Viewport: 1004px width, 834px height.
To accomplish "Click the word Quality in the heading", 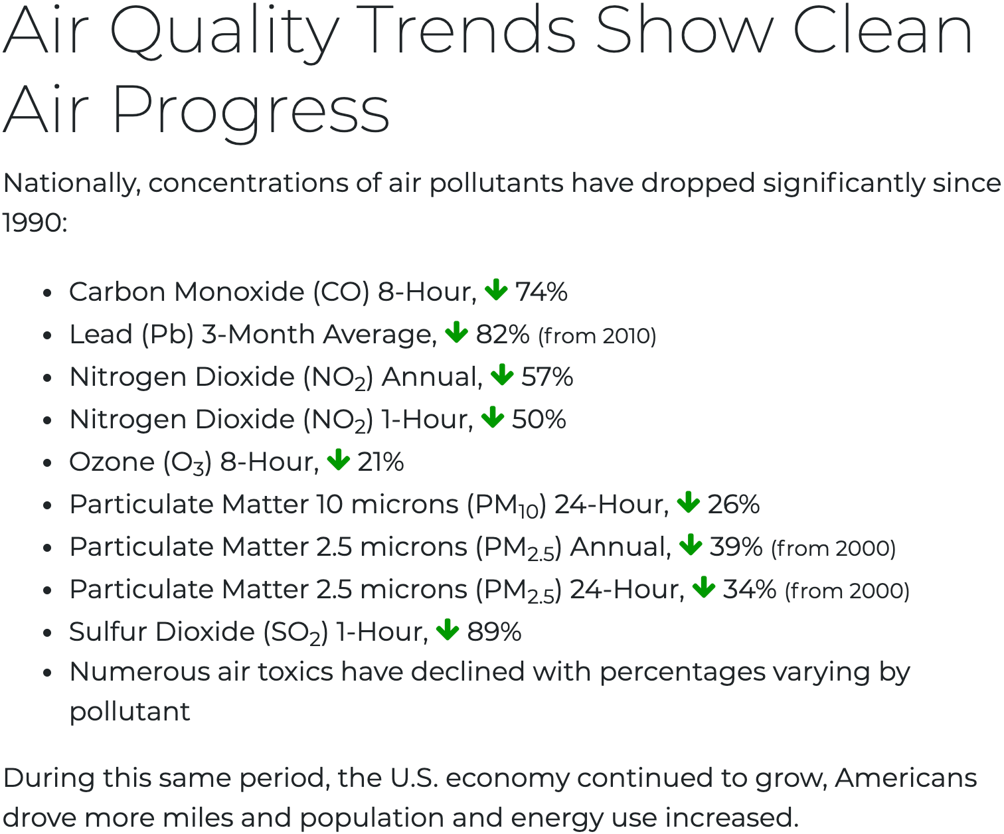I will point(224,32).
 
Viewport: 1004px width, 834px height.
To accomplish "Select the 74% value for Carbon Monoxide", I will point(541,292).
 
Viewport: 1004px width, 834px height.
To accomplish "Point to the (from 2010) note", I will point(597,336).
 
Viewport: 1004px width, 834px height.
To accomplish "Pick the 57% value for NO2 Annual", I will point(547,377).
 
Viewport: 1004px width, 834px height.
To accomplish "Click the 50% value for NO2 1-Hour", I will point(539,420).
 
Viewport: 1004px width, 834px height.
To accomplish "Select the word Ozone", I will point(112,462).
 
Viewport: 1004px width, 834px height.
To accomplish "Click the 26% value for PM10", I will point(733,505).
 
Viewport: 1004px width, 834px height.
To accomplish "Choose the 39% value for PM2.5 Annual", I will point(736,547).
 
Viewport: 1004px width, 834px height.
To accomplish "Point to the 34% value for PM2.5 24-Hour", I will point(749,590).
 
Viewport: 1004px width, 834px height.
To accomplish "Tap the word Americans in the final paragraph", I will point(906,778).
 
